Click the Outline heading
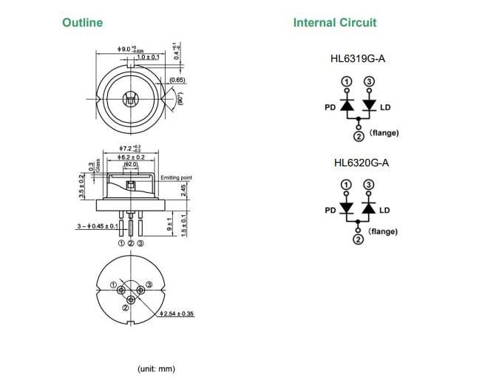click(83, 23)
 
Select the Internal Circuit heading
click(335, 23)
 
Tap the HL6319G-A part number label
click(359, 60)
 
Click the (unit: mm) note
click(157, 368)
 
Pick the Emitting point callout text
click(177, 177)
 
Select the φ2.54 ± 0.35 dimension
click(177, 314)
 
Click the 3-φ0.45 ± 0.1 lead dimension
click(95, 225)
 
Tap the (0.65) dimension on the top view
click(177, 79)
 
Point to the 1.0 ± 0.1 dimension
click(148, 56)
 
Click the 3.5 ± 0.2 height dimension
click(82, 186)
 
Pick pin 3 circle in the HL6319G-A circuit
click(370, 81)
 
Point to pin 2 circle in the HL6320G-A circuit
click(358, 238)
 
